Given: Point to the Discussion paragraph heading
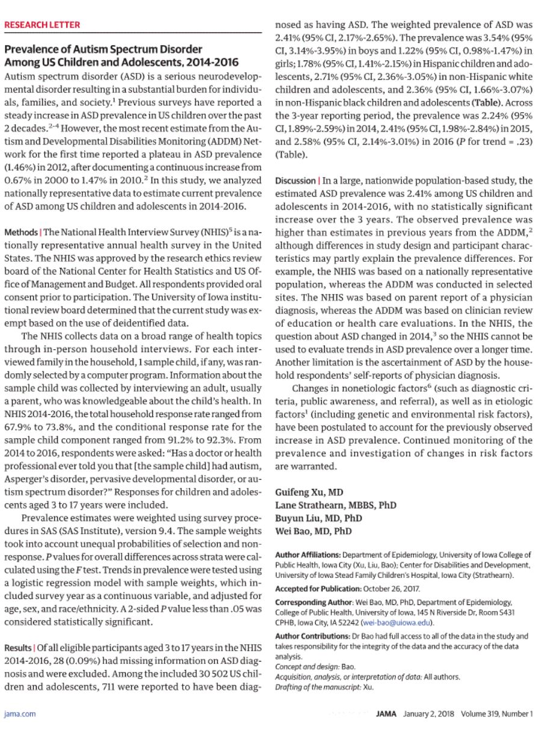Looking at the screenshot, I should coord(294,181).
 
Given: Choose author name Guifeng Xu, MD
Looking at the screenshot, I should coord(309,492).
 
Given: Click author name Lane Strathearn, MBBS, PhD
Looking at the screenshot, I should coord(336,505).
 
